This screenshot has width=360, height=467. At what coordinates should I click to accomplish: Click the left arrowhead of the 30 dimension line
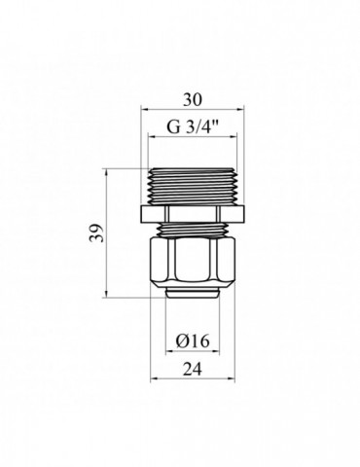pyautogui.click(x=144, y=110)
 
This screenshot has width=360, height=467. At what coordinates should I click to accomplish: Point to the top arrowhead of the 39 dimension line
pyautogui.click(x=104, y=171)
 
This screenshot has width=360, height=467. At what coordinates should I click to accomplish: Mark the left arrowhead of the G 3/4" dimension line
pyautogui.click(x=150, y=136)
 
